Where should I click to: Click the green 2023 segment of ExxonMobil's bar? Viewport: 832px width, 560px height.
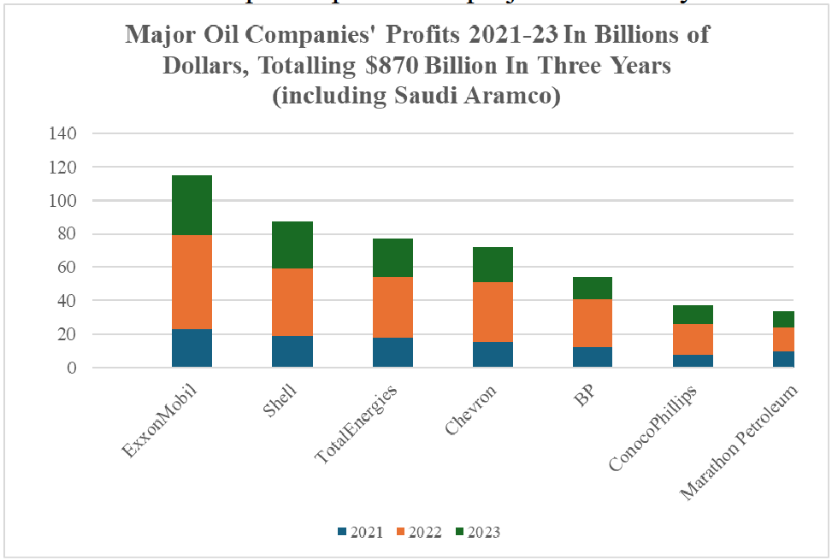(x=192, y=204)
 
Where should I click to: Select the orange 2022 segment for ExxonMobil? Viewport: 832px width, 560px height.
(x=192, y=282)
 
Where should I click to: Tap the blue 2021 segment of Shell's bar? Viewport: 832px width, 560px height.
(x=292, y=351)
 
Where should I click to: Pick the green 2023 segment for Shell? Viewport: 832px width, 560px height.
(x=292, y=245)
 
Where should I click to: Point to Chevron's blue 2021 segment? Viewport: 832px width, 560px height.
(x=493, y=354)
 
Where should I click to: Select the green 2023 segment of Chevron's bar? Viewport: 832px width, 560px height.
(x=493, y=264)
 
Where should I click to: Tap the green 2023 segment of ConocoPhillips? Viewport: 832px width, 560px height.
(x=693, y=315)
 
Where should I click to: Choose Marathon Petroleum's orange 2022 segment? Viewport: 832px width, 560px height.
(x=784, y=339)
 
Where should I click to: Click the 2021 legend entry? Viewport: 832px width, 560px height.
(x=358, y=533)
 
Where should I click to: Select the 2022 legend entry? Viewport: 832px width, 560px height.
(x=418, y=533)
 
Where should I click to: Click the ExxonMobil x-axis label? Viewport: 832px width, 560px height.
(x=159, y=422)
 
